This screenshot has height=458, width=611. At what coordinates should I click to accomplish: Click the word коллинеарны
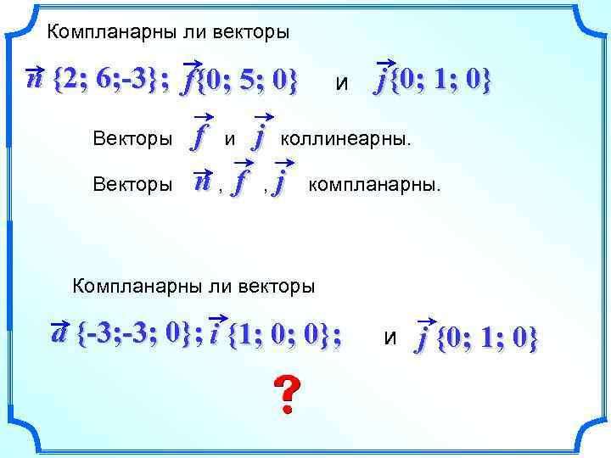[345, 137]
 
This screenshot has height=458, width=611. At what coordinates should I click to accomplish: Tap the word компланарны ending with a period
[374, 183]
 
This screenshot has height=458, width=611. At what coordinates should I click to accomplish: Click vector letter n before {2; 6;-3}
[36, 79]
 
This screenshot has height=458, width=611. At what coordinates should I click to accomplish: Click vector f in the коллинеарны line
[200, 136]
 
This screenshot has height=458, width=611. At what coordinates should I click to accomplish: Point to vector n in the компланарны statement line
[203, 181]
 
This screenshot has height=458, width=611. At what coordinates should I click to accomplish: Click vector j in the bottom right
[422, 338]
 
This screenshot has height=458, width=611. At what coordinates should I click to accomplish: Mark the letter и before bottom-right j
[390, 339]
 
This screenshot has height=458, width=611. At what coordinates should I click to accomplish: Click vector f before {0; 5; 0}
[188, 81]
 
